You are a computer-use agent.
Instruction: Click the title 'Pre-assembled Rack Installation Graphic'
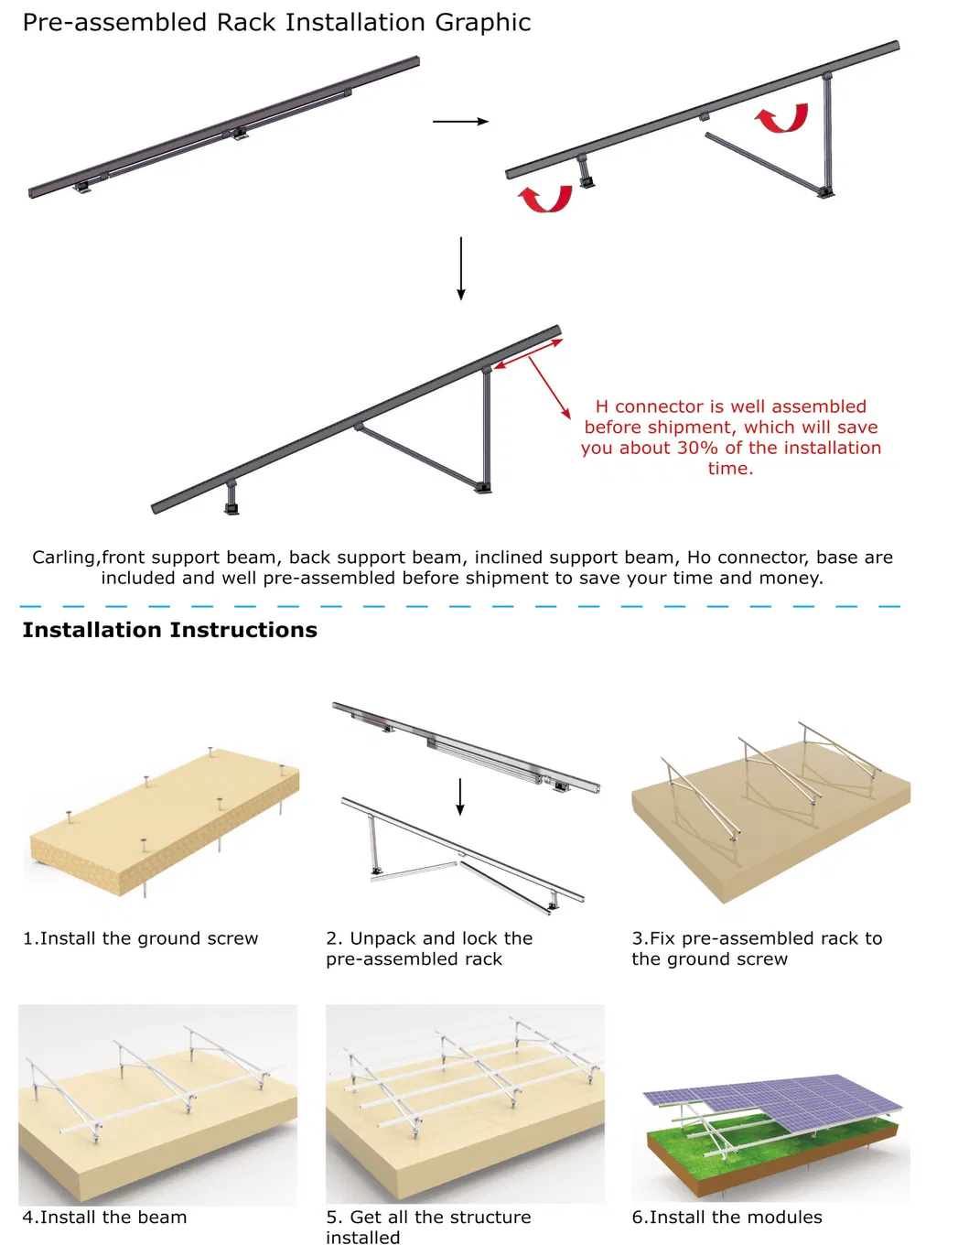tap(276, 22)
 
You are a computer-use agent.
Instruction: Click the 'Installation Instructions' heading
tap(169, 630)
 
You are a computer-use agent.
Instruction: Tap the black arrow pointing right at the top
tap(460, 121)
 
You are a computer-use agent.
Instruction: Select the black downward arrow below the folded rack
tap(461, 268)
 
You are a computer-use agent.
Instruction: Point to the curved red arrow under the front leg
tap(545, 199)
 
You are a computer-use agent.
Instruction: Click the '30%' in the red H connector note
tap(697, 448)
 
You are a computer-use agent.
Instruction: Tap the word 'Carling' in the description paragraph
tap(64, 558)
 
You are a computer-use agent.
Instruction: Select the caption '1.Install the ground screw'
tap(140, 938)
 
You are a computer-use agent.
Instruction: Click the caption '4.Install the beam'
tap(104, 1218)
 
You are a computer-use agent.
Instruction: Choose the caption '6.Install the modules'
tap(727, 1218)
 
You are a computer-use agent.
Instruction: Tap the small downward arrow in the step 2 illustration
tap(460, 796)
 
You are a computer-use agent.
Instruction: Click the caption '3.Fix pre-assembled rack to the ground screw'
tap(756, 948)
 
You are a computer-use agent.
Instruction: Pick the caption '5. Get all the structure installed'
tap(427, 1227)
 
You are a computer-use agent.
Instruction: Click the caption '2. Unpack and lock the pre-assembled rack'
tap(428, 948)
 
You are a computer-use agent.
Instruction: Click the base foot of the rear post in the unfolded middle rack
tap(483, 487)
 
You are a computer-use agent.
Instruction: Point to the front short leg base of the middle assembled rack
tap(231, 507)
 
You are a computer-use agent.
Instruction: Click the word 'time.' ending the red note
tap(730, 469)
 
